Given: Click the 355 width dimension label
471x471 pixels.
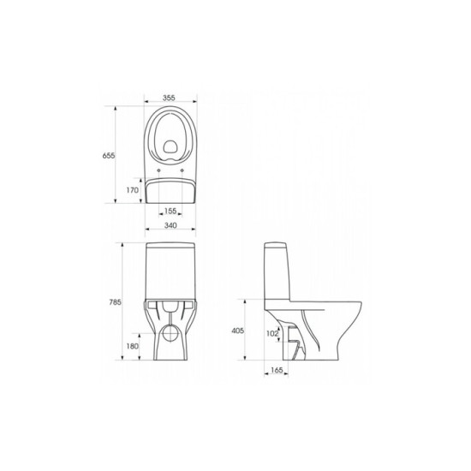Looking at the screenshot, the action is [x=169, y=98].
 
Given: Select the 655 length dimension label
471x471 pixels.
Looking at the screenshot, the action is [x=109, y=156].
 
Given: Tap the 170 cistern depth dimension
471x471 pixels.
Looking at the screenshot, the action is [x=133, y=190].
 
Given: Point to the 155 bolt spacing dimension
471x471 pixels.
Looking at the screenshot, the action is [x=170, y=211].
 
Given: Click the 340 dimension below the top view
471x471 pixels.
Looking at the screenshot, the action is [x=170, y=225].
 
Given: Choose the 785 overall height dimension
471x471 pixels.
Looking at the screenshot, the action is [x=115, y=302].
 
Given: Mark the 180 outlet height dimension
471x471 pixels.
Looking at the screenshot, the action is [x=133, y=346].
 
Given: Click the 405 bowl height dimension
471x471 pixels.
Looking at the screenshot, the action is [x=237, y=331].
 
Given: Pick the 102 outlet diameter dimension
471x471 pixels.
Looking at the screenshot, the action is [x=272, y=333].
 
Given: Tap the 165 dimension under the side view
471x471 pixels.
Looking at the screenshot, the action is [x=277, y=370].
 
